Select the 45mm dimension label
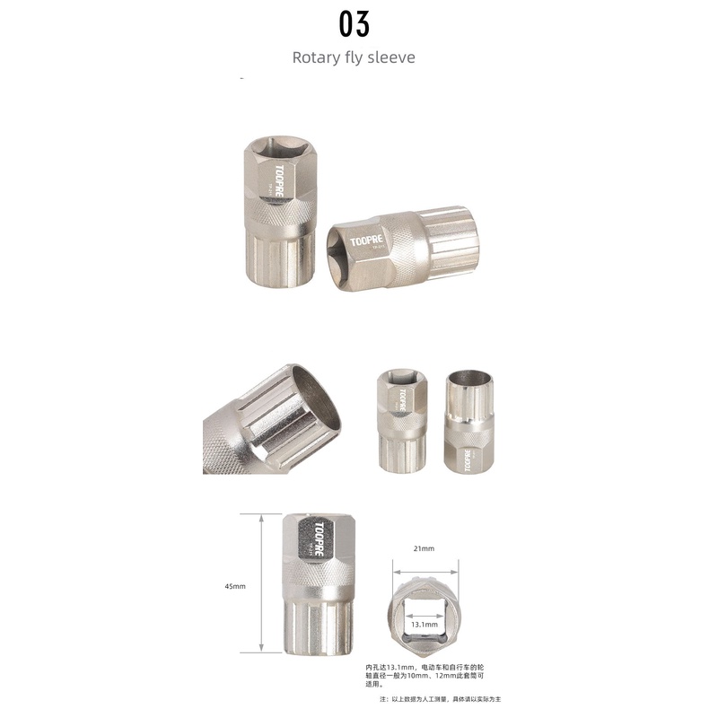click(x=235, y=586)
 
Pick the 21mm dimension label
click(x=424, y=547)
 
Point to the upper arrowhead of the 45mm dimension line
click(x=260, y=518)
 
